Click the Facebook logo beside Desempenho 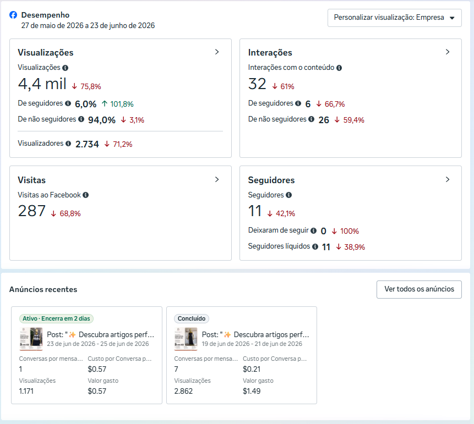(13, 15)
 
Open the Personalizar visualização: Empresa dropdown (395, 18)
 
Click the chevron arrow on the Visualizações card (217, 52)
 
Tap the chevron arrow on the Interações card (448, 52)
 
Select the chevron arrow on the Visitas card (217, 179)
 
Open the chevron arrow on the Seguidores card (448, 179)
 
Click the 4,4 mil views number (42, 84)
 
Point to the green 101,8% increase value (122, 104)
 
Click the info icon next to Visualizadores (68, 144)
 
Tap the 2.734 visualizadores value (87, 144)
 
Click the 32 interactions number (257, 84)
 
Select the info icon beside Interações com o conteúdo (339, 68)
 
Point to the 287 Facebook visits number (32, 211)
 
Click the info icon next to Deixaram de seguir (314, 231)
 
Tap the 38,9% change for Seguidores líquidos (355, 247)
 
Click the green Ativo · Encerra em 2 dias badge (56, 318)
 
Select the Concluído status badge (192, 318)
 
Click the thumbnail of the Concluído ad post (186, 339)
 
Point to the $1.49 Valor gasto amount (252, 391)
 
